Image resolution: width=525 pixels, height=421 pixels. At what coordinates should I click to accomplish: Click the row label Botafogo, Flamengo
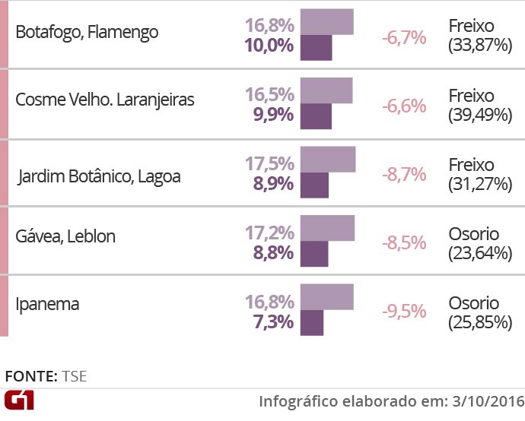pyautogui.click(x=87, y=33)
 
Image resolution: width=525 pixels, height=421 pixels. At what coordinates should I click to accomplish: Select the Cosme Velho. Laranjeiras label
pyautogui.click(x=105, y=100)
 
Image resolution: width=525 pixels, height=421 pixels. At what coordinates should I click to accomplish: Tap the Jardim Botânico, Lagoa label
pyautogui.click(x=100, y=176)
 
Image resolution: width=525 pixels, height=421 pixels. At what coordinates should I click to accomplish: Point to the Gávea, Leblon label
pyautogui.click(x=65, y=236)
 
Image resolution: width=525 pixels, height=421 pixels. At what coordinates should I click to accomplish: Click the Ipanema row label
pyautogui.click(x=47, y=304)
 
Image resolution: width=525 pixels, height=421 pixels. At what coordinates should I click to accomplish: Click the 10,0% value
pyautogui.click(x=269, y=45)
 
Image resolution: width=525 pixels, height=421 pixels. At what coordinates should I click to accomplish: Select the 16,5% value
pyautogui.click(x=269, y=94)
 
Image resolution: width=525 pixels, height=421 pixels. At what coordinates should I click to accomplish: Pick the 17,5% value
pyautogui.click(x=269, y=163)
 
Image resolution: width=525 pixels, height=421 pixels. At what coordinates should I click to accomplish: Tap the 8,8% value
pyautogui.click(x=273, y=252)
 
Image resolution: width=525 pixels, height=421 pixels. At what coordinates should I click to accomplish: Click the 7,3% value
pyautogui.click(x=273, y=321)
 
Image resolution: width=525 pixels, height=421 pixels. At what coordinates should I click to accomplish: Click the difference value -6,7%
pyautogui.click(x=404, y=38)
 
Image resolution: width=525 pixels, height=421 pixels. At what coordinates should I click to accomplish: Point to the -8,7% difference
pyautogui.click(x=404, y=175)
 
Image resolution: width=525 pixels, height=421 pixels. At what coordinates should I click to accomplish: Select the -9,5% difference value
pyautogui.click(x=404, y=312)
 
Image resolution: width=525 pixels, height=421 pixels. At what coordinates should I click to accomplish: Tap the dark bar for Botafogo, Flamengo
pyautogui.click(x=317, y=47)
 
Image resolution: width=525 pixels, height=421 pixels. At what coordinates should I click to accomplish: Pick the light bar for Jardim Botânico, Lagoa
pyautogui.click(x=328, y=160)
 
